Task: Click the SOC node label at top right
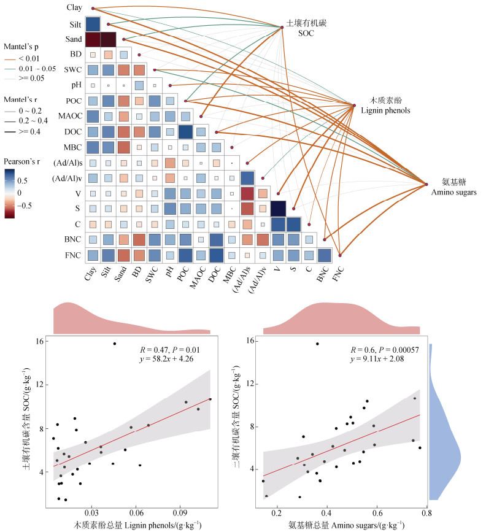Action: (299, 28)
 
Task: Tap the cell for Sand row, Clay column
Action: (93, 40)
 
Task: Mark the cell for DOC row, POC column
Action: (185, 132)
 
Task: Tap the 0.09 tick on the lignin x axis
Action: (180, 512)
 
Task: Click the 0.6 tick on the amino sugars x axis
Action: (376, 512)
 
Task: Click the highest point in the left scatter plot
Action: (115, 344)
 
